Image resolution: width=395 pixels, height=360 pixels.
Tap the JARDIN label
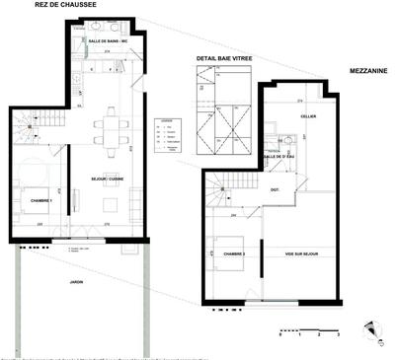pyautogui.click(x=76, y=284)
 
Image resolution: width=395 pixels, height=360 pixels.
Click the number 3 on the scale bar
pyautogui.click(x=339, y=336)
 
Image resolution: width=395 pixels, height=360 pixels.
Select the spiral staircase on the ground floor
pyautogui.click(x=29, y=125)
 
